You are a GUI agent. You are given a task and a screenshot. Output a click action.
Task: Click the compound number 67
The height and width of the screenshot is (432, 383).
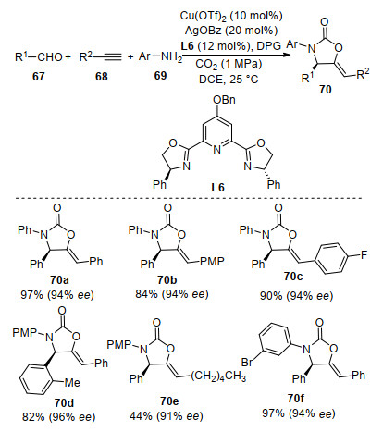coord(38,76)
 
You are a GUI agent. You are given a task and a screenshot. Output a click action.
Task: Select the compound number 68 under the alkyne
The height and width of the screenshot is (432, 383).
coord(102,76)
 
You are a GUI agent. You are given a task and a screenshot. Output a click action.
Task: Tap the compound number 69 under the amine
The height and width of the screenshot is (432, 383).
coord(160,75)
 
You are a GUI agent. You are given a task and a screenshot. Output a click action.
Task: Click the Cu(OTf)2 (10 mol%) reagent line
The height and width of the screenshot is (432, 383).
coord(231,17)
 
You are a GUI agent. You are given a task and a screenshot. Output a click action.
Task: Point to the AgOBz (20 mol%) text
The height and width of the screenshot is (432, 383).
coord(231,31)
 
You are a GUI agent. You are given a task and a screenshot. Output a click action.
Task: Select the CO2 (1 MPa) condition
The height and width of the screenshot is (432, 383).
coord(229,65)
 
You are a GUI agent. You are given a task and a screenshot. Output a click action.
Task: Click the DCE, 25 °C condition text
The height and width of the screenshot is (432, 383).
coord(229,80)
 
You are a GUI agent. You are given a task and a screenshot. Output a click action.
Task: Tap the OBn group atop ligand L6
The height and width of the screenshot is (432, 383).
coord(224,100)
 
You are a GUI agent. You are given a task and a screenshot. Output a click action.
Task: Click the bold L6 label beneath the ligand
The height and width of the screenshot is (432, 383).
coord(217,187)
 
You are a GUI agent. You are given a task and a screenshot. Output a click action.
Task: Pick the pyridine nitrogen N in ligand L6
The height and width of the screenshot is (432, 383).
coord(217,150)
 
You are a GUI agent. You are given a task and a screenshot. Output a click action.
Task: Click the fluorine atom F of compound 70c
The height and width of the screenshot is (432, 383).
coord(364,255)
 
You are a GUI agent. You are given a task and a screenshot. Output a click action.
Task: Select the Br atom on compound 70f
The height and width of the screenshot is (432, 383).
coord(247,362)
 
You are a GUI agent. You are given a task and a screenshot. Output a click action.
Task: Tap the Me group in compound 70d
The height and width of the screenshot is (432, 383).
coord(72,383)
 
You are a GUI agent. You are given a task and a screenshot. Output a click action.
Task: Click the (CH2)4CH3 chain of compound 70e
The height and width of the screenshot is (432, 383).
coord(218,377)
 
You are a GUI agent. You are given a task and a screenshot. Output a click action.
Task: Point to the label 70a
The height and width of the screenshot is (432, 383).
coord(59,280)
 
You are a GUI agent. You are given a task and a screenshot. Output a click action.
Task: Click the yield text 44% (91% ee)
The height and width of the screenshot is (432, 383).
coord(167,416)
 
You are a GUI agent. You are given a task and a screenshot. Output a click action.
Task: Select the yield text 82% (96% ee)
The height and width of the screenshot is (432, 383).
coord(59,417)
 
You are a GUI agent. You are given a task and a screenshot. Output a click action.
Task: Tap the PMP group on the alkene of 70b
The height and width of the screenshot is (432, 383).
coord(212,262)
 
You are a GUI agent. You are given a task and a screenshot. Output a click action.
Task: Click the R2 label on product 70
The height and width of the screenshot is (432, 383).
coord(363,74)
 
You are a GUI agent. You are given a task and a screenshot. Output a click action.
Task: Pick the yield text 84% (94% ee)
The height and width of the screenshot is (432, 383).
coord(172,294)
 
